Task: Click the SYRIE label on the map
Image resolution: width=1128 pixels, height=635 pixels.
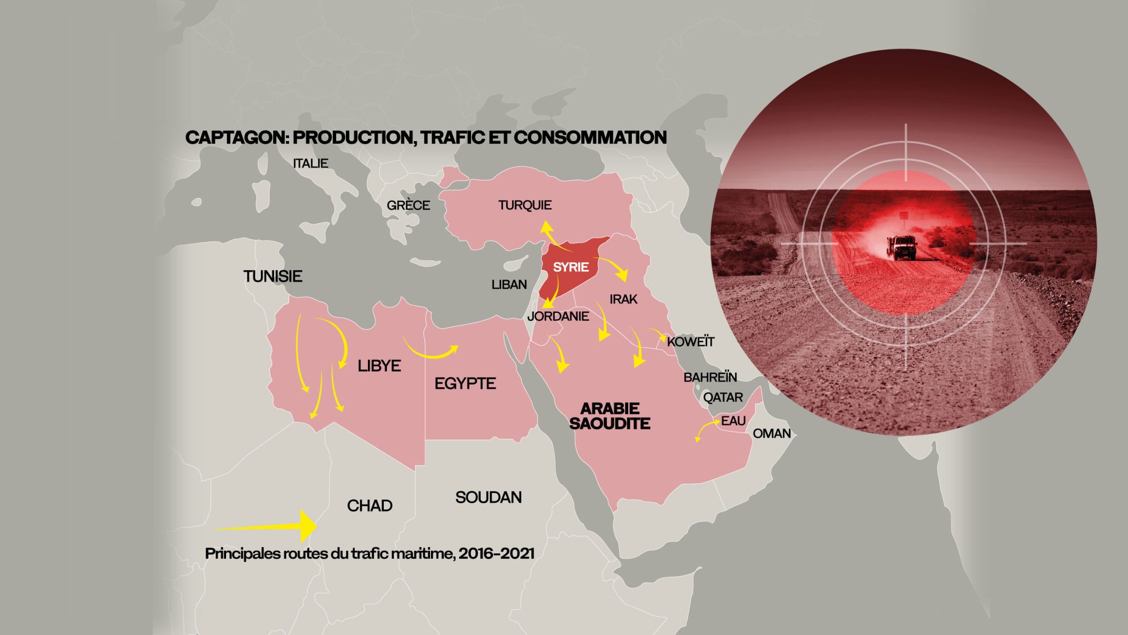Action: point(570,267)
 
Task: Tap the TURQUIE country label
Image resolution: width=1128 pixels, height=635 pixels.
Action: point(525,205)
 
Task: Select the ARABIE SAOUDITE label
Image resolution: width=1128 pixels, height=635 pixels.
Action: point(610,416)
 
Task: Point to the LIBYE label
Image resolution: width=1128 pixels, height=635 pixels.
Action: point(379,366)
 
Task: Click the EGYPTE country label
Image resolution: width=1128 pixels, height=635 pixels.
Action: point(465,383)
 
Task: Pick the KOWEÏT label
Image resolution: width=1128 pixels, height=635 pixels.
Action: point(690,342)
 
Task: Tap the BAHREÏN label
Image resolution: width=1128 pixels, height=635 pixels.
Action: point(710,378)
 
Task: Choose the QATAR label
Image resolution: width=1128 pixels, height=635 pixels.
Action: point(723,398)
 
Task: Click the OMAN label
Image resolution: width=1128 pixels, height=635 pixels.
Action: point(771,433)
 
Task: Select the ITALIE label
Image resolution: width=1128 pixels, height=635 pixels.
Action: point(311,163)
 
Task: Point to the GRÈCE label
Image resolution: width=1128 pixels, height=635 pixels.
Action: point(408,205)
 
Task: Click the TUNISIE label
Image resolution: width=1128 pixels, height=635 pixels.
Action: point(273,276)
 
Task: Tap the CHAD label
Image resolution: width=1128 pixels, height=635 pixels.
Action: point(370,506)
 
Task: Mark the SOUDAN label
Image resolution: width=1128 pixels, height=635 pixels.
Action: point(488,497)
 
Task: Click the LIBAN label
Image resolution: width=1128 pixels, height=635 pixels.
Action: point(509,285)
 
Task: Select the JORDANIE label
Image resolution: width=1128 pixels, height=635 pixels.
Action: point(558,316)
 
